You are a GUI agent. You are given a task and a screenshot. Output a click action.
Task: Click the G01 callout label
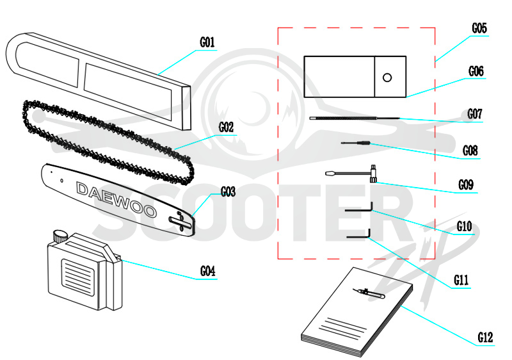pos(207,42)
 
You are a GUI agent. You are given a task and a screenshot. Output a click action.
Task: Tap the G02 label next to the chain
pos(227,127)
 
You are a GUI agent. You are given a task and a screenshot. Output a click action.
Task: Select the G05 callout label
pos(479,28)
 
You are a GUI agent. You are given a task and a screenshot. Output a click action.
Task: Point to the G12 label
pos(485,338)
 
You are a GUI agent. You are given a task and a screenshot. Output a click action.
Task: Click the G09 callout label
pos(466,185)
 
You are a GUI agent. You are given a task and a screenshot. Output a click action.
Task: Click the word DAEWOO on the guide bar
pos(116,200)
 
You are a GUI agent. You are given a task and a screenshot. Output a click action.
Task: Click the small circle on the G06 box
pos(387,78)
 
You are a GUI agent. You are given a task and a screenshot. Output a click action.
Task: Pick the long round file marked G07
pos(355,118)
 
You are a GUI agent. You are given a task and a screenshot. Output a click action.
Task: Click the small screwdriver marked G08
pos(356,143)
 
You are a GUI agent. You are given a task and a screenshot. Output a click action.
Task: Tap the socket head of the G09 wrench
pos(373,174)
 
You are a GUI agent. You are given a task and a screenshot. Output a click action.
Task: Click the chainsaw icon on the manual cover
pos(369,292)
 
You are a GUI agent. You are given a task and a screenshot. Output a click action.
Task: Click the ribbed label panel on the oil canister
pos(78,277)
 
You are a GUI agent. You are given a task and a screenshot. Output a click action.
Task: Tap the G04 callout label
pos(207,272)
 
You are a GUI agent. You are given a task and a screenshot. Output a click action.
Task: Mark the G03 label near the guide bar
pos(228,192)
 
